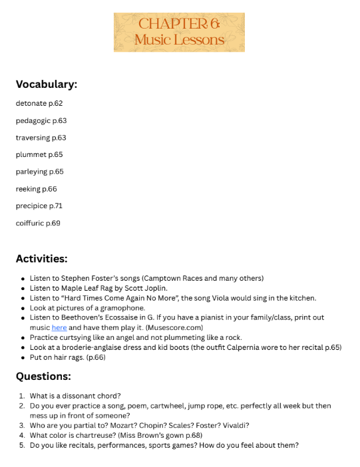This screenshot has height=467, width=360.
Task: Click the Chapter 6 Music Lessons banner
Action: coord(179,32)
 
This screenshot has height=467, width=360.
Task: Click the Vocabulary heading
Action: coord(47,84)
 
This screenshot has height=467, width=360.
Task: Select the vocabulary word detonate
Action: coord(31,104)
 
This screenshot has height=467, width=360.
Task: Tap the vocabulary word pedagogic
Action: coord(33,121)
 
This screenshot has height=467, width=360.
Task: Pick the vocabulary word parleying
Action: coord(31,172)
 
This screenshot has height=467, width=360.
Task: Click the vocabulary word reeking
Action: coord(28,189)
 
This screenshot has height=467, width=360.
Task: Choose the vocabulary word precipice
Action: coord(31,206)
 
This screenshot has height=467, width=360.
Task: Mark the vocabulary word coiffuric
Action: coord(30,224)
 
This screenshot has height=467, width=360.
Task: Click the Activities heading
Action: coord(41,259)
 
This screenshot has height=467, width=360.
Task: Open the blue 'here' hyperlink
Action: coord(59,328)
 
